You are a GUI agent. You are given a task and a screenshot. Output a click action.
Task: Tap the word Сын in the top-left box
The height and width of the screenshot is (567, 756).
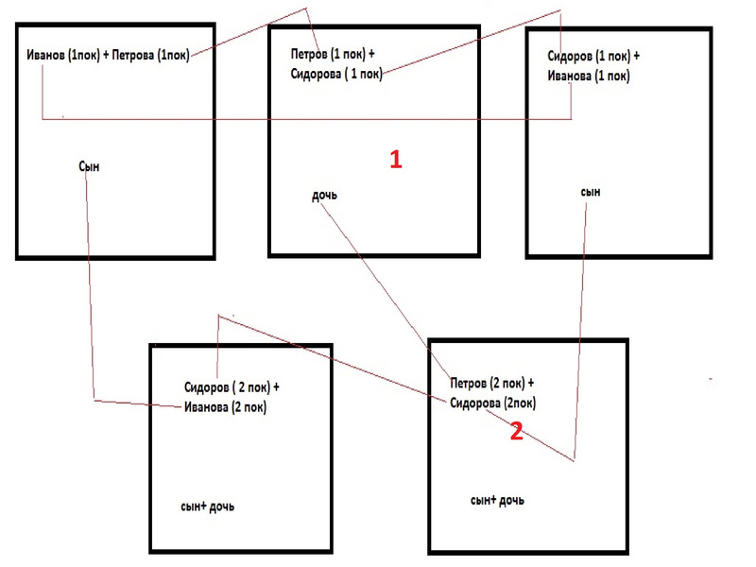pyautogui.click(x=89, y=166)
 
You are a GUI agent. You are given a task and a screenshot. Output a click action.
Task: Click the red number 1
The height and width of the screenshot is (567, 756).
pyautogui.click(x=396, y=160)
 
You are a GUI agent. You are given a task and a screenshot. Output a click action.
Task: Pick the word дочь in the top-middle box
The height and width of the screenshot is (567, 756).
pyautogui.click(x=324, y=196)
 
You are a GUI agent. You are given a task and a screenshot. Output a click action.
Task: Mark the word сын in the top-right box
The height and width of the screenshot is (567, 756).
pyautogui.click(x=591, y=192)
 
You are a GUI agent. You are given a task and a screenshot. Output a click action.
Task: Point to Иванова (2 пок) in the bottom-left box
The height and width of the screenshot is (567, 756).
pyautogui.click(x=225, y=407)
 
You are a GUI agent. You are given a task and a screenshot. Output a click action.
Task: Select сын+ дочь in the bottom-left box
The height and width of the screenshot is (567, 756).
pyautogui.click(x=207, y=507)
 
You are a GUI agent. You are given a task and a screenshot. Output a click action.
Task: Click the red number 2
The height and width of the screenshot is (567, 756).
pyautogui.click(x=516, y=432)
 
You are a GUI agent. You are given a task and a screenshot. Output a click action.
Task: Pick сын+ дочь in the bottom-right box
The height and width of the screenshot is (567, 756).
pyautogui.click(x=497, y=499)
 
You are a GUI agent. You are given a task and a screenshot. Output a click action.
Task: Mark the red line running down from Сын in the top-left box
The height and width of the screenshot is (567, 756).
pyautogui.click(x=91, y=283)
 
